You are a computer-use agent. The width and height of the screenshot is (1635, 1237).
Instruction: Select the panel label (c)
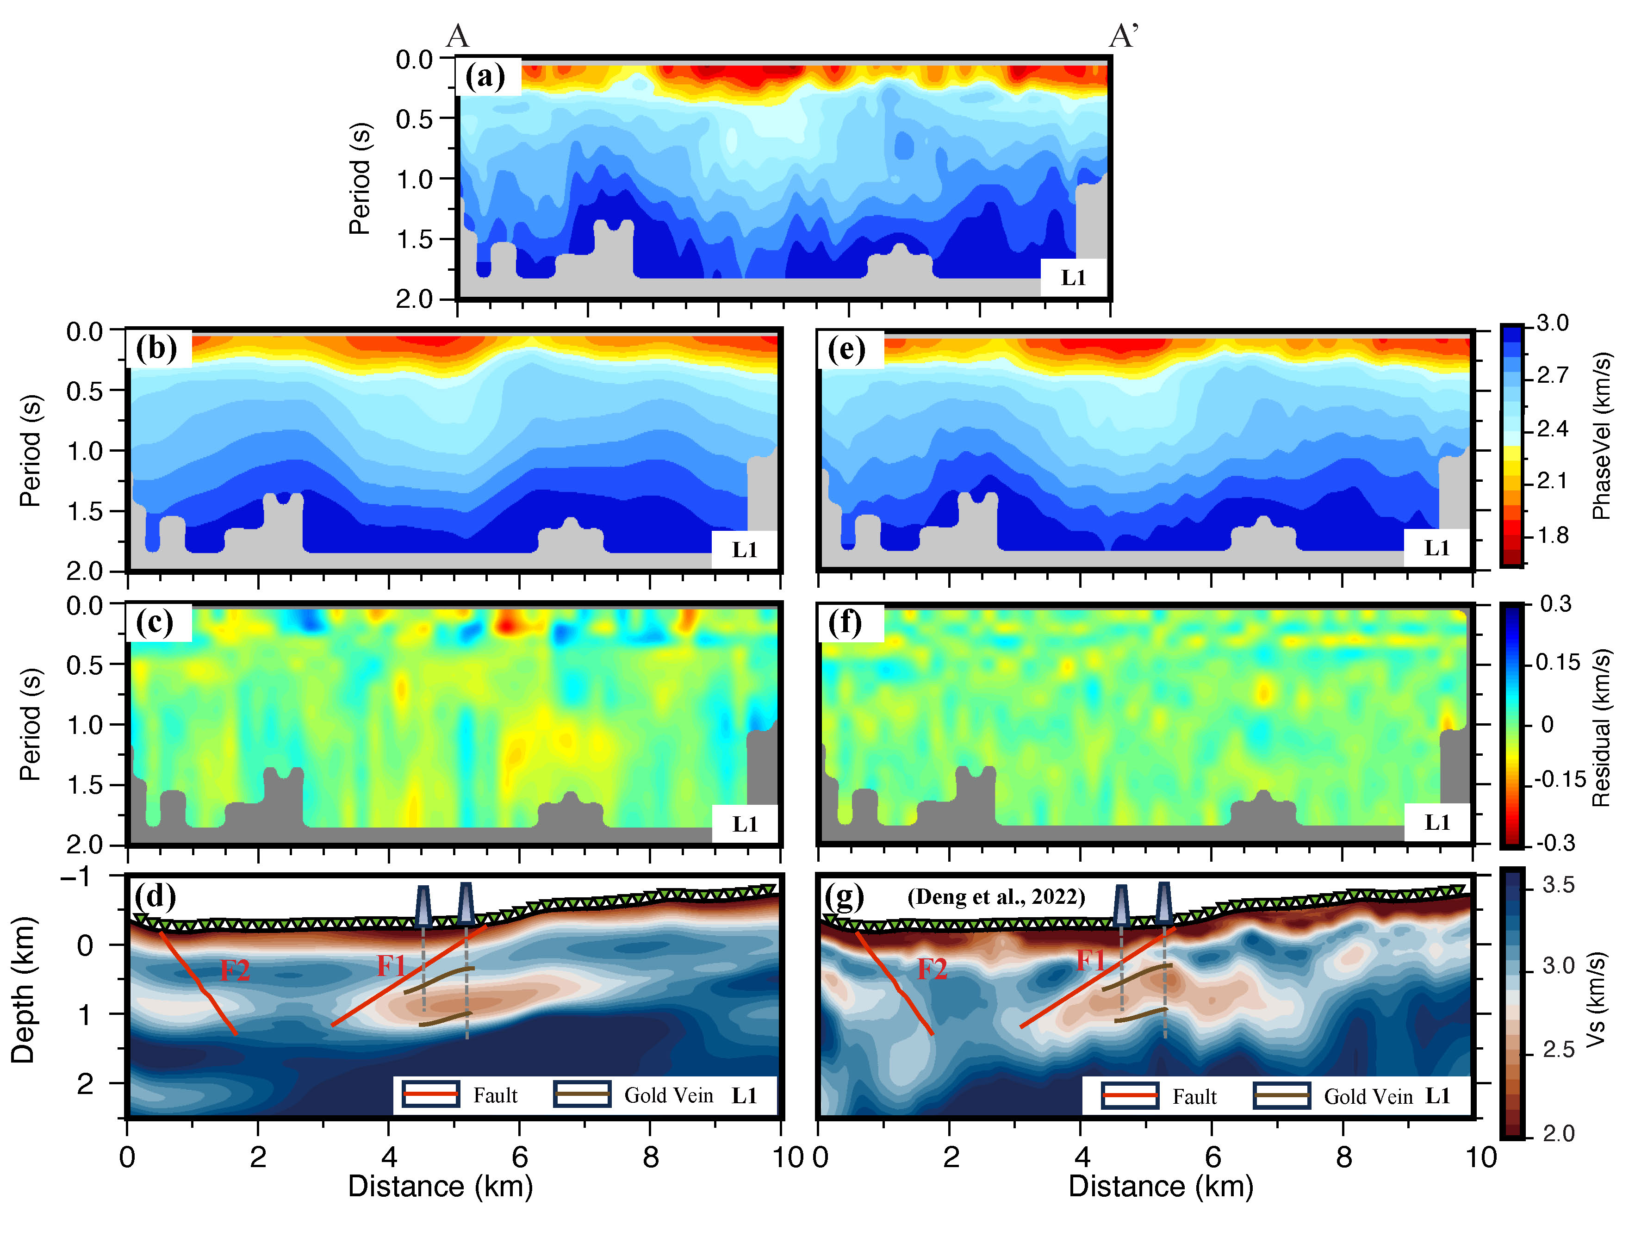155,623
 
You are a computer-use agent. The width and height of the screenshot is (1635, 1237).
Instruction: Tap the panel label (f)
845,623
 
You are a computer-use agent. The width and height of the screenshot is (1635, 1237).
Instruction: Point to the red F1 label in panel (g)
1091,961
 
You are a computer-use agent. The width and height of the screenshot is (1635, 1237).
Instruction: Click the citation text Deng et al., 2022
995,896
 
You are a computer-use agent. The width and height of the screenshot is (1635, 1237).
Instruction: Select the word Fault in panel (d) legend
495,1095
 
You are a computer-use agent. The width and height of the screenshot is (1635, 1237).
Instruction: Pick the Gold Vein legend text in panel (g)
1368,1097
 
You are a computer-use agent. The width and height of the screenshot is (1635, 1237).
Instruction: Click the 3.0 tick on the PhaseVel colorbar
1552,323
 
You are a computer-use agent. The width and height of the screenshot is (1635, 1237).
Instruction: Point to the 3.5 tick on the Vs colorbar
1558,884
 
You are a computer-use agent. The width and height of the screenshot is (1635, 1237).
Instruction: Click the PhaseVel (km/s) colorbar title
1601,436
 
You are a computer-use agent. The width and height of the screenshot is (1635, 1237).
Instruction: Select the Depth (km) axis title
23,990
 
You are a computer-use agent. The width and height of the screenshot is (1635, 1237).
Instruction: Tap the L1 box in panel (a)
1073,278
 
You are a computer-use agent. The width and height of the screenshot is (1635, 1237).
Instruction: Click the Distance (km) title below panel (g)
1161,1187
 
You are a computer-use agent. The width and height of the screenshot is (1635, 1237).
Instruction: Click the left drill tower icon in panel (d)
423,905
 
